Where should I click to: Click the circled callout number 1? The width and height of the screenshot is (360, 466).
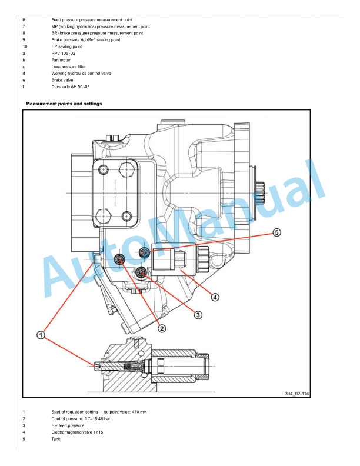(41, 335)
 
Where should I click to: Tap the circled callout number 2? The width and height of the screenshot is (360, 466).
(162, 328)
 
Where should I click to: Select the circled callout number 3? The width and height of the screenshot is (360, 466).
(198, 315)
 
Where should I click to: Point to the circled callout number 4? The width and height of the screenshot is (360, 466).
(215, 297)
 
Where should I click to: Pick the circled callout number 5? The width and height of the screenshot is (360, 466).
(276, 232)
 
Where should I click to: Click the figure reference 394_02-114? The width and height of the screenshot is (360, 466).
(296, 394)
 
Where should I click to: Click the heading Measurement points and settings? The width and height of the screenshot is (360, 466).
(64, 104)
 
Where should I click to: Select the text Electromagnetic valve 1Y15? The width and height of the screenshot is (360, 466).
(77, 432)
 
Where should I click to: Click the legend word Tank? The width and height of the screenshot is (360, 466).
(56, 439)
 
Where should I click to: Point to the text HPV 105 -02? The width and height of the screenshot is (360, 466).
(64, 54)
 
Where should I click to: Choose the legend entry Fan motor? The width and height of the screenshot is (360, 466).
(61, 60)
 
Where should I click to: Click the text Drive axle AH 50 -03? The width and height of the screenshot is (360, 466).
(71, 86)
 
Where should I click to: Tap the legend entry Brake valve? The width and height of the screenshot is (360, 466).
(62, 80)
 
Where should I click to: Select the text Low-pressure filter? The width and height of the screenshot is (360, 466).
(69, 67)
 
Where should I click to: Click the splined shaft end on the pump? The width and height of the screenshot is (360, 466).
(260, 194)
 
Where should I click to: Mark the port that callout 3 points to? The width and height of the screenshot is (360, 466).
(141, 272)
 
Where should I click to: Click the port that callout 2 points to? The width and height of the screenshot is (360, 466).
(119, 259)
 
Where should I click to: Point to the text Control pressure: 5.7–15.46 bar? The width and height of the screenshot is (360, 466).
(81, 419)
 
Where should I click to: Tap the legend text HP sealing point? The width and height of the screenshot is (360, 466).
(66, 46)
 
